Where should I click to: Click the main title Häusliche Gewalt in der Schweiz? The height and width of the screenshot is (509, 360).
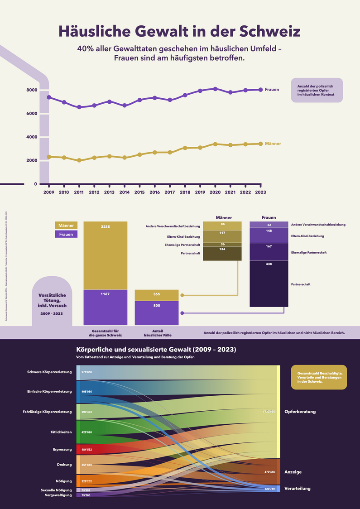tap(180, 32)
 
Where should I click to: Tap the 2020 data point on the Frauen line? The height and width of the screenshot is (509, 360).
tap(215, 89)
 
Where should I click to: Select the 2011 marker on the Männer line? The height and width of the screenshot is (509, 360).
tap(79, 160)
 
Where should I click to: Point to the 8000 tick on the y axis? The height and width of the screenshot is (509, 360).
tap(31, 90)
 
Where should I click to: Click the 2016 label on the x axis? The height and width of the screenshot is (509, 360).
tap(154, 192)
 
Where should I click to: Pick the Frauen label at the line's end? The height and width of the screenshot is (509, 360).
tap(272, 90)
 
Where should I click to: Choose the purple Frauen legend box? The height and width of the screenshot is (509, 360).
tap(66, 234)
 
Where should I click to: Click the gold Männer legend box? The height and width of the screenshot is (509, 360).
tap(66, 225)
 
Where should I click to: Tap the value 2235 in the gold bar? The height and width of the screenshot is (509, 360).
tap(105, 226)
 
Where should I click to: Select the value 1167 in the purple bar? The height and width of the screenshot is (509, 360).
tap(105, 294)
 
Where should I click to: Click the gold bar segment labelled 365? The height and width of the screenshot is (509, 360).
tap(157, 295)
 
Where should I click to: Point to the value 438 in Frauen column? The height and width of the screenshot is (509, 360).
tap(269, 264)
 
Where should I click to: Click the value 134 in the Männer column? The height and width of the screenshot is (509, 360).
tap(222, 249)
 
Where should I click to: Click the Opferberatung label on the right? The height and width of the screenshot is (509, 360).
tap(300, 412)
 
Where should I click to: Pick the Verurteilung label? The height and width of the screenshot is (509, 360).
tap(297, 489)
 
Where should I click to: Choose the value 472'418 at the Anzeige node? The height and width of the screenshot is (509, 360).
tap(269, 472)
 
